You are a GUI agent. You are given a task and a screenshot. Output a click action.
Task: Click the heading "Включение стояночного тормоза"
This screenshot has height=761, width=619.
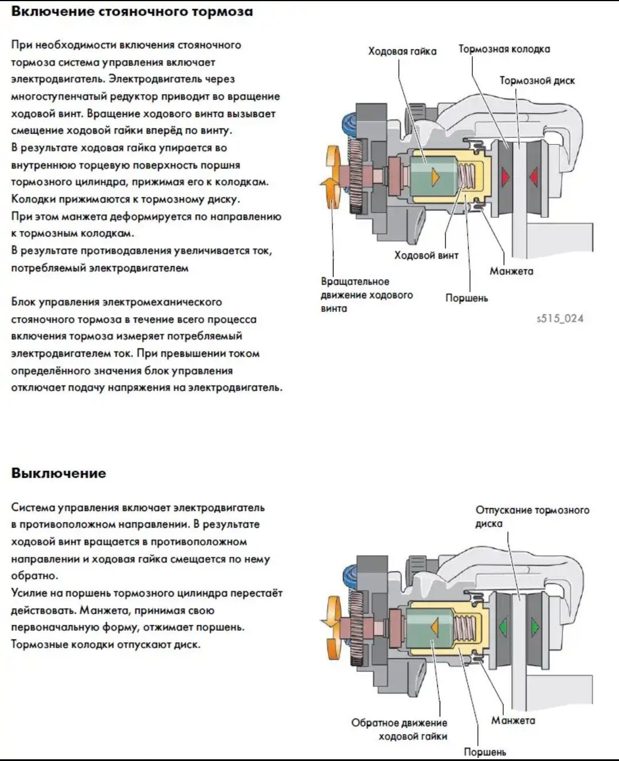tap(132, 11)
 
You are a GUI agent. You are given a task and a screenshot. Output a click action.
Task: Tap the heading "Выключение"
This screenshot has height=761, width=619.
tap(58, 473)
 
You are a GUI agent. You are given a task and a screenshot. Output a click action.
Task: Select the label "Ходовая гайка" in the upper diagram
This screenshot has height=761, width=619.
tap(402, 52)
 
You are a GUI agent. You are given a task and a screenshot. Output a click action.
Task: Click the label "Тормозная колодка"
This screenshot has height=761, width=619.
tap(504, 49)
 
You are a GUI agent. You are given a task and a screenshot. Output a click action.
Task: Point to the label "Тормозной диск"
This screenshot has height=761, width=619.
tap(536, 81)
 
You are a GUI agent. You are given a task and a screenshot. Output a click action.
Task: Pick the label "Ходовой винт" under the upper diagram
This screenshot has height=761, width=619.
tap(426, 256)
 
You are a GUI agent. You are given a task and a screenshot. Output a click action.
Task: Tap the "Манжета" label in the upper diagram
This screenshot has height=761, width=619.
tap(511, 271)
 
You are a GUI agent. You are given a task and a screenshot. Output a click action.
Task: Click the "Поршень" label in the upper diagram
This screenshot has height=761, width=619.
tap(467, 298)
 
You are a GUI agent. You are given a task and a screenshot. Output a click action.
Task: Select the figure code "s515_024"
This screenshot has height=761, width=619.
tap(560, 319)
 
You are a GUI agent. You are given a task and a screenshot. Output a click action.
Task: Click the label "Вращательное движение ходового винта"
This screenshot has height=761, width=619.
tap(366, 295)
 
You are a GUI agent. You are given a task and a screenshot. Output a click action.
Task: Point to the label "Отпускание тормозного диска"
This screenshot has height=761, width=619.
tap(532, 516)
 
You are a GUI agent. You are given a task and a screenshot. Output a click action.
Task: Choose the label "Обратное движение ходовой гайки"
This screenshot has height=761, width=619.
tap(399, 729)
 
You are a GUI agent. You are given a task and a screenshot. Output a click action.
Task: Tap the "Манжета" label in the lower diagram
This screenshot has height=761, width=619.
tap(512, 721)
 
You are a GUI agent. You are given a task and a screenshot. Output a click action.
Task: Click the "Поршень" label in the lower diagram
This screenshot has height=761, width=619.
tap(484, 752)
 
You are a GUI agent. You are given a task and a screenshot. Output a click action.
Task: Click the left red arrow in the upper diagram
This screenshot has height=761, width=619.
tap(506, 177)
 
